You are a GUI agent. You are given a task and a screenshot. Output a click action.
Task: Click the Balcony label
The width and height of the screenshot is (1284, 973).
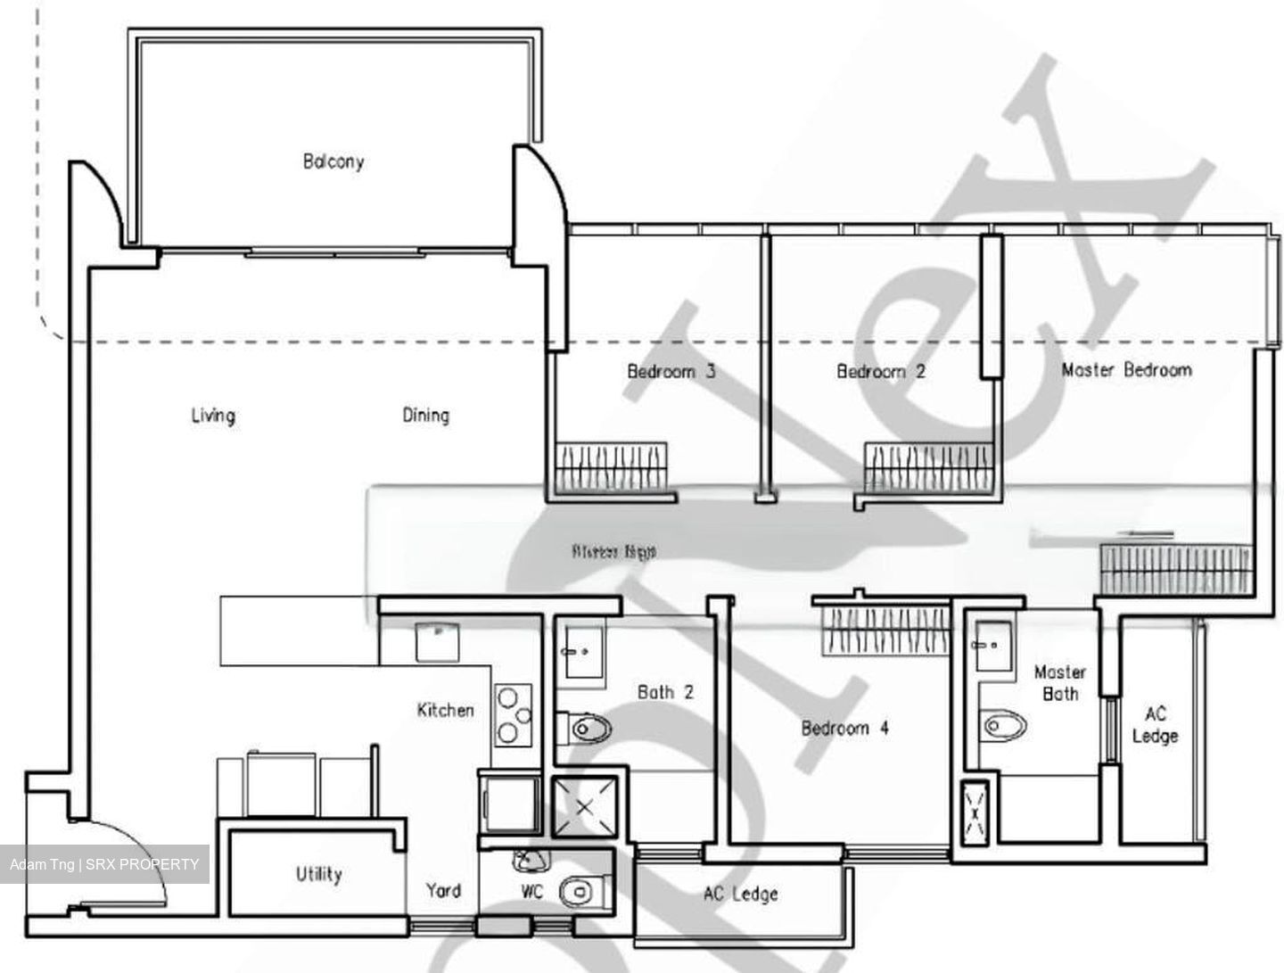[333, 161]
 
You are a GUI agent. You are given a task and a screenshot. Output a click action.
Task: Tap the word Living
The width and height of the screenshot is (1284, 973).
[213, 415]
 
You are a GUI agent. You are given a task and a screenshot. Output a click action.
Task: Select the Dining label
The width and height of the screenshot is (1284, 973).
[425, 415]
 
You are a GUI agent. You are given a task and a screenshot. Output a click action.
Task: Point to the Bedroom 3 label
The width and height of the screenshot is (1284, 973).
[671, 371]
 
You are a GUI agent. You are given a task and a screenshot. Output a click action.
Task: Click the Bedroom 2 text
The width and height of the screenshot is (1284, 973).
[880, 371]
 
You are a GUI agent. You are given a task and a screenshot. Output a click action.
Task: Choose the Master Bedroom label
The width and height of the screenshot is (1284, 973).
[1126, 369]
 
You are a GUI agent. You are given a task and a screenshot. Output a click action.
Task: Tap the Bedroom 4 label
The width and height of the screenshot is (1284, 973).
[844, 728]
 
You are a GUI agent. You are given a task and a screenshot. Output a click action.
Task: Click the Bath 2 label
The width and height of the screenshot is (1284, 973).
[665, 691]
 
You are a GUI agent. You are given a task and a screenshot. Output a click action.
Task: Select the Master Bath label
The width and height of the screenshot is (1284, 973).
[1059, 682]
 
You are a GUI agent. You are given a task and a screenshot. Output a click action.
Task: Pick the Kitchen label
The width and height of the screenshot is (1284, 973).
[445, 710]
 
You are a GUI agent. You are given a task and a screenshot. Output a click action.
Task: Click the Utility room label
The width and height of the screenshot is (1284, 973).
[318, 874]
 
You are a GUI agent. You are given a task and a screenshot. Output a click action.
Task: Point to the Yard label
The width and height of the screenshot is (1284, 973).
[442, 890]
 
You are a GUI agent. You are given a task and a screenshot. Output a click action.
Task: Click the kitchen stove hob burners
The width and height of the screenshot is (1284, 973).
[513, 714]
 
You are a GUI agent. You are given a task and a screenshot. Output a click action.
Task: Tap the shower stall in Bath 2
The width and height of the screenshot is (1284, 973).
[584, 807]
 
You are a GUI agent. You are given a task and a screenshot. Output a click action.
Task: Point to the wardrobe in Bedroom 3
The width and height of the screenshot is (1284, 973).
[611, 467]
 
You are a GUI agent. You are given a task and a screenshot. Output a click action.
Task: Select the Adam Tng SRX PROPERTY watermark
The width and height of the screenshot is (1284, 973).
[104, 864]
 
